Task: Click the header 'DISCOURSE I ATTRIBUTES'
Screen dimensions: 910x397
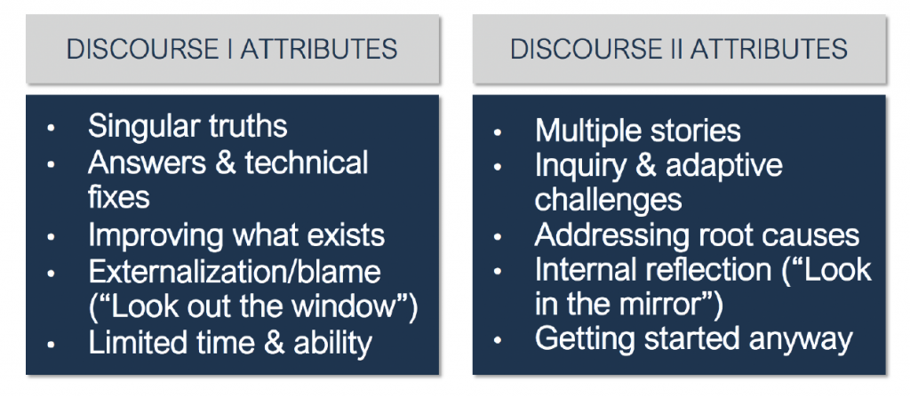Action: pos(232,50)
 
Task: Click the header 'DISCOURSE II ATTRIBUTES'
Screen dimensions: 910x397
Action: pos(679,50)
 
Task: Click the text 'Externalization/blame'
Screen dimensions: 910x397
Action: pos(235,272)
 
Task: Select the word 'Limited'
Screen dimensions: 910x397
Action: pos(132,343)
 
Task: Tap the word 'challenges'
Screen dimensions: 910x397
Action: pos(608,200)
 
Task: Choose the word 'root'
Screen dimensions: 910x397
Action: pos(723,235)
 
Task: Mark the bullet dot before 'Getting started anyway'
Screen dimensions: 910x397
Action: pos(498,341)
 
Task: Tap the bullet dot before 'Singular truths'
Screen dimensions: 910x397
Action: pos(51,127)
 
